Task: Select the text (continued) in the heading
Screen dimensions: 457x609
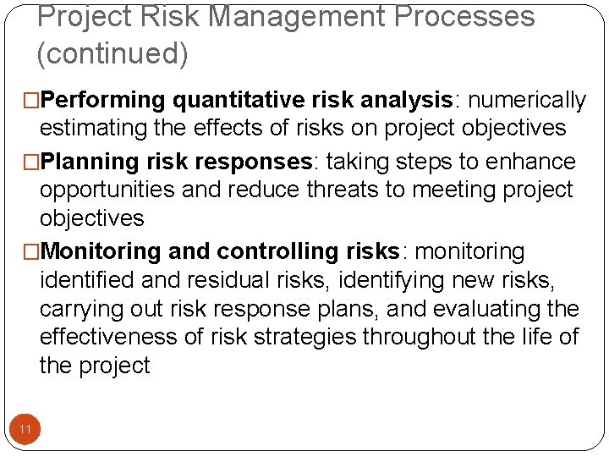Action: coord(112,53)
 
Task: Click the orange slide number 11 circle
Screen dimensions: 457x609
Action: coord(25,430)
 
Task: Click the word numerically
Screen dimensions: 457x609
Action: coord(527,101)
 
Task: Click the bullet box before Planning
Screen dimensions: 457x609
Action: coord(33,162)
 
